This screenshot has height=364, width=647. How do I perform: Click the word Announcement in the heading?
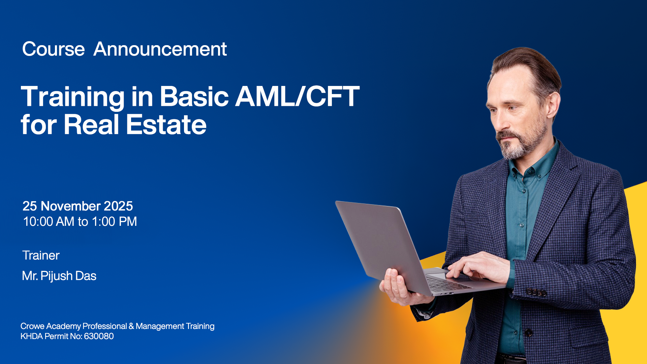coord(160,49)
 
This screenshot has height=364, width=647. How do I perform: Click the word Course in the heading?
coord(53,49)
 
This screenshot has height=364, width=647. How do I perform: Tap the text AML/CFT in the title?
coord(297,97)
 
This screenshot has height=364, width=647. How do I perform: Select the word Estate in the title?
coord(166,125)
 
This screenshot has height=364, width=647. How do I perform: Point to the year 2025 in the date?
coord(118,206)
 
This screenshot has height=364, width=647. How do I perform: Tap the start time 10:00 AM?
coord(49,221)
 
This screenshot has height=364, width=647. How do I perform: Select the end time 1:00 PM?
coord(114,221)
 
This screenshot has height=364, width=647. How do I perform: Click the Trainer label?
coord(41,255)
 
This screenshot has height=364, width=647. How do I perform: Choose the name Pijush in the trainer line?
coord(56,276)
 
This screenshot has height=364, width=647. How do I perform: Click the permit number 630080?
coord(99,336)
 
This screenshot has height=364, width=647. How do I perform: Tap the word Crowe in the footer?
coord(32,326)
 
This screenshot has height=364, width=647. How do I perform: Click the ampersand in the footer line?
coord(131,326)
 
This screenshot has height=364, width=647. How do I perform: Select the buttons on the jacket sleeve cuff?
coord(536,292)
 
